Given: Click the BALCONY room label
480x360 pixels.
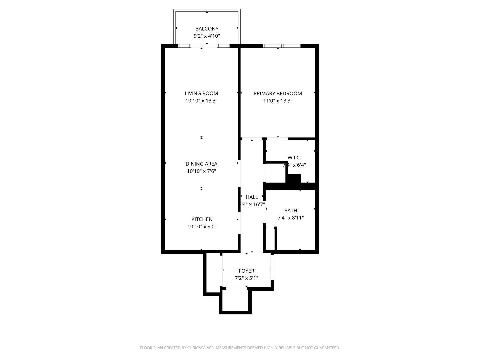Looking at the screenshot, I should (x=207, y=29).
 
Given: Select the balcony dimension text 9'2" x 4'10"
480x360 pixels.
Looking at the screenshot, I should (x=207, y=36).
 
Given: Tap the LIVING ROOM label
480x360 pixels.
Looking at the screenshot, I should (x=201, y=93).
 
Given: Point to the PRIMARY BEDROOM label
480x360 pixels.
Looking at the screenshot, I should (x=278, y=93).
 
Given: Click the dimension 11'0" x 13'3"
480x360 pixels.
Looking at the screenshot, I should (x=278, y=101).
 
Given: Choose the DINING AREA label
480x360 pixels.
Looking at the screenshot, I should (x=201, y=164).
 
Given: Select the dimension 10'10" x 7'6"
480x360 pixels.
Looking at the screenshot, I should (x=201, y=171).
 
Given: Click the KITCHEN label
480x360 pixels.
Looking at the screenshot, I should (x=202, y=219).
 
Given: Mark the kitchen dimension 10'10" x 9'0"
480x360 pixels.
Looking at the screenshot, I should (x=202, y=227).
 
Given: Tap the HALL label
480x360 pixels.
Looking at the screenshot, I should (x=252, y=197).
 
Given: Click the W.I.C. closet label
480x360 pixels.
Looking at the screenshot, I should (x=294, y=157).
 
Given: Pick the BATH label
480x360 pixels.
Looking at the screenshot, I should (x=291, y=210).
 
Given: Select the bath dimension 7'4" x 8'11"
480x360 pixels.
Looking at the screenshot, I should (x=291, y=218).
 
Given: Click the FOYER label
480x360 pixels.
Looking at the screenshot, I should (x=246, y=271).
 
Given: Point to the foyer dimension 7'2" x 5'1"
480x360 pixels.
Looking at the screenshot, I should (x=246, y=278).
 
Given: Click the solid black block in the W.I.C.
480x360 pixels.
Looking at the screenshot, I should (x=294, y=179).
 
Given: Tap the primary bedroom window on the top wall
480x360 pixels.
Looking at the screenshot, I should (x=282, y=46).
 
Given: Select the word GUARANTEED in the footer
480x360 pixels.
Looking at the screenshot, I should (x=326, y=348).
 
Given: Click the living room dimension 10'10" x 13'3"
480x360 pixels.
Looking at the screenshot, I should (x=201, y=101).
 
